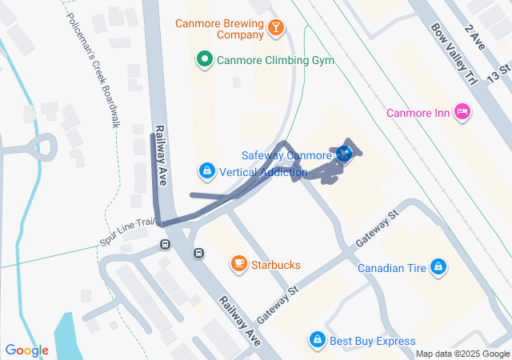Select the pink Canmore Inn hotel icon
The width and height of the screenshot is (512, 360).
462,112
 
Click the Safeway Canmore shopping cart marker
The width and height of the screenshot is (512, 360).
344,153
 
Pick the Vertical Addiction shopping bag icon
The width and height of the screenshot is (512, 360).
207,171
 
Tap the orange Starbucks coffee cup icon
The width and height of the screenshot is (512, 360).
238,263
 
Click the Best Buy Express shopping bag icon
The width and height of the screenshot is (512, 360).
318,342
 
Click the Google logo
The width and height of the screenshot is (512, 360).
26,350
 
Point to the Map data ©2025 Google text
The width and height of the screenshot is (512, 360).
462,354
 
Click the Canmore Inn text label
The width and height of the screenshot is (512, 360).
418,112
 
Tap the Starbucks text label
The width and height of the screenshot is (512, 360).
276,264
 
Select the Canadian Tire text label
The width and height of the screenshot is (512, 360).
392,268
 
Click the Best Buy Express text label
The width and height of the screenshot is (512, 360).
367,342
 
